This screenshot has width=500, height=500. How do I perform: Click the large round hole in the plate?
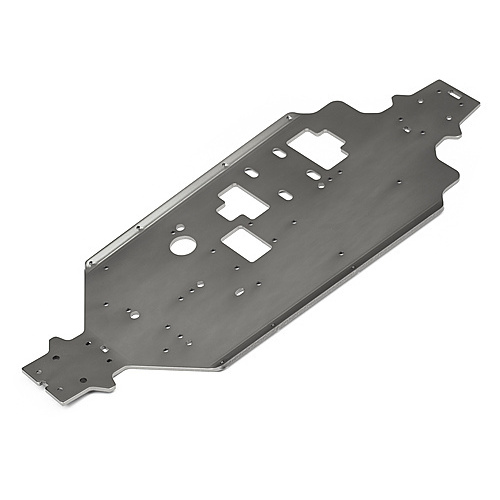181,244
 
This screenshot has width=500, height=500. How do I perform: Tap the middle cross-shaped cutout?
243,202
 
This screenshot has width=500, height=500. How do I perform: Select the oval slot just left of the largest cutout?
279,153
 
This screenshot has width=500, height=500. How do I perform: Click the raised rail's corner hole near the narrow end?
90,264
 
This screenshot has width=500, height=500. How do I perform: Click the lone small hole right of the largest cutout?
398,182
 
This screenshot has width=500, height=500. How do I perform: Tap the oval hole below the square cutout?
239,291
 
